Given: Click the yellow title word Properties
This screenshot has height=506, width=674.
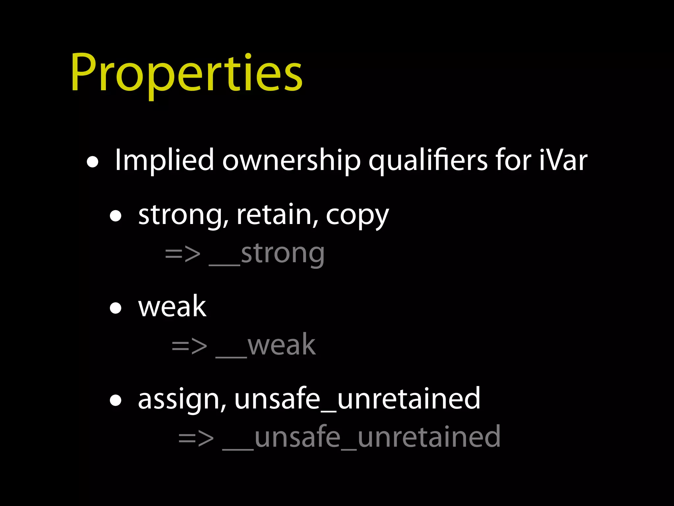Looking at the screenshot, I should pyautogui.click(x=186, y=73).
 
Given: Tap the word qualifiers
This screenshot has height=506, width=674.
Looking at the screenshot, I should pyautogui.click(x=428, y=160).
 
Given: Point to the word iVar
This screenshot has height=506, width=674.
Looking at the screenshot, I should pyautogui.click(x=563, y=160).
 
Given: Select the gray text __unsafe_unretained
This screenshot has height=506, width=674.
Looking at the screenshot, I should pyautogui.click(x=361, y=437).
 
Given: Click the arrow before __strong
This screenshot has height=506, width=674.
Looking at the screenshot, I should pyautogui.click(x=183, y=254).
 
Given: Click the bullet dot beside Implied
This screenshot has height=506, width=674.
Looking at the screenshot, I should pyautogui.click(x=92, y=162).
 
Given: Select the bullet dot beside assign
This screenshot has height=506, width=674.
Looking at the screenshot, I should pyautogui.click(x=116, y=401).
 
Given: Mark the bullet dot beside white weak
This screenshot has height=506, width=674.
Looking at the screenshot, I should pyautogui.click(x=116, y=309).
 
